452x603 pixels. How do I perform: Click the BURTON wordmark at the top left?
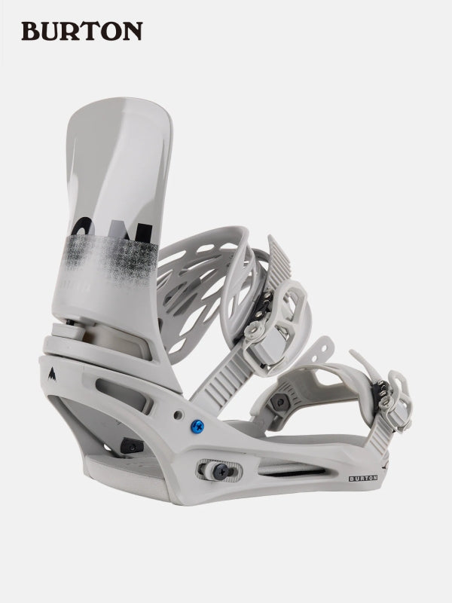pyautogui.click(x=81, y=31)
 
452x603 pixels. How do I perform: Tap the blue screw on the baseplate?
pyautogui.click(x=197, y=427)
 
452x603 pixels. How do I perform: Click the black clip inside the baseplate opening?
pyautogui.click(x=133, y=446)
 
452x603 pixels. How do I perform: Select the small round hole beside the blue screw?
pyautogui.click(x=178, y=415)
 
